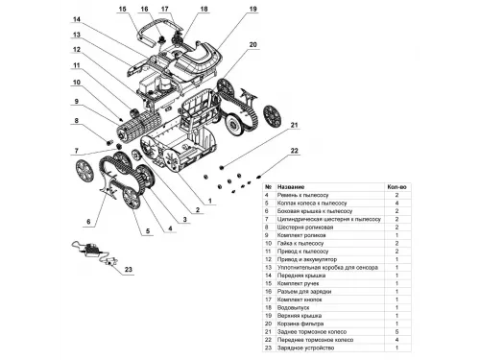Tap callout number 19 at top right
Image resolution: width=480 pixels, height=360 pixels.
pyautogui.click(x=226, y=9)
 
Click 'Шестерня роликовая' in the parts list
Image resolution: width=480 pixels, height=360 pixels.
pyautogui.click(x=308, y=225)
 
